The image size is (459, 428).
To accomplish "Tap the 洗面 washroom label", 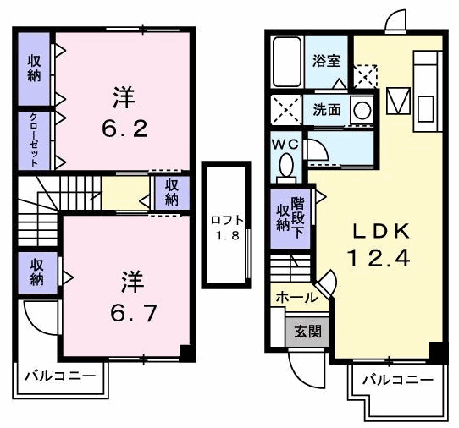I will (326, 109).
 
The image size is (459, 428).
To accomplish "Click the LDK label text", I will (379, 229).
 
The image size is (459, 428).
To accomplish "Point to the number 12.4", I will (379, 257).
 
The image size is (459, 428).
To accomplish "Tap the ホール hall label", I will (296, 297).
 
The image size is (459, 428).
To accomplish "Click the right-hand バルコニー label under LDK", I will (397, 381).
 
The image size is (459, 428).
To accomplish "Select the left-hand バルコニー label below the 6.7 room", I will (58, 375).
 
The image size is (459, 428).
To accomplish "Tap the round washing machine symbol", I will (362, 110).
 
